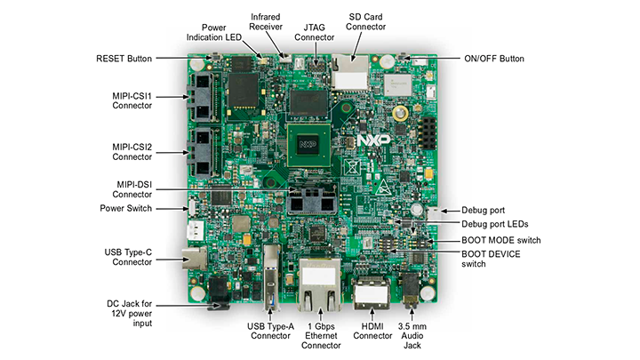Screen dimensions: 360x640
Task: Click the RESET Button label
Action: (124, 59)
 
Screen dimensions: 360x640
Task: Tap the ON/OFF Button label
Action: (493, 59)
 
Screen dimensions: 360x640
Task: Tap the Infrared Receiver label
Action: (266, 22)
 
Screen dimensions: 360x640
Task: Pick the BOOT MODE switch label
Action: (500, 240)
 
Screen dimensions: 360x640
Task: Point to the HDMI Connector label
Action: (371, 331)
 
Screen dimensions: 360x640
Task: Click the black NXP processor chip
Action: (308, 144)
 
